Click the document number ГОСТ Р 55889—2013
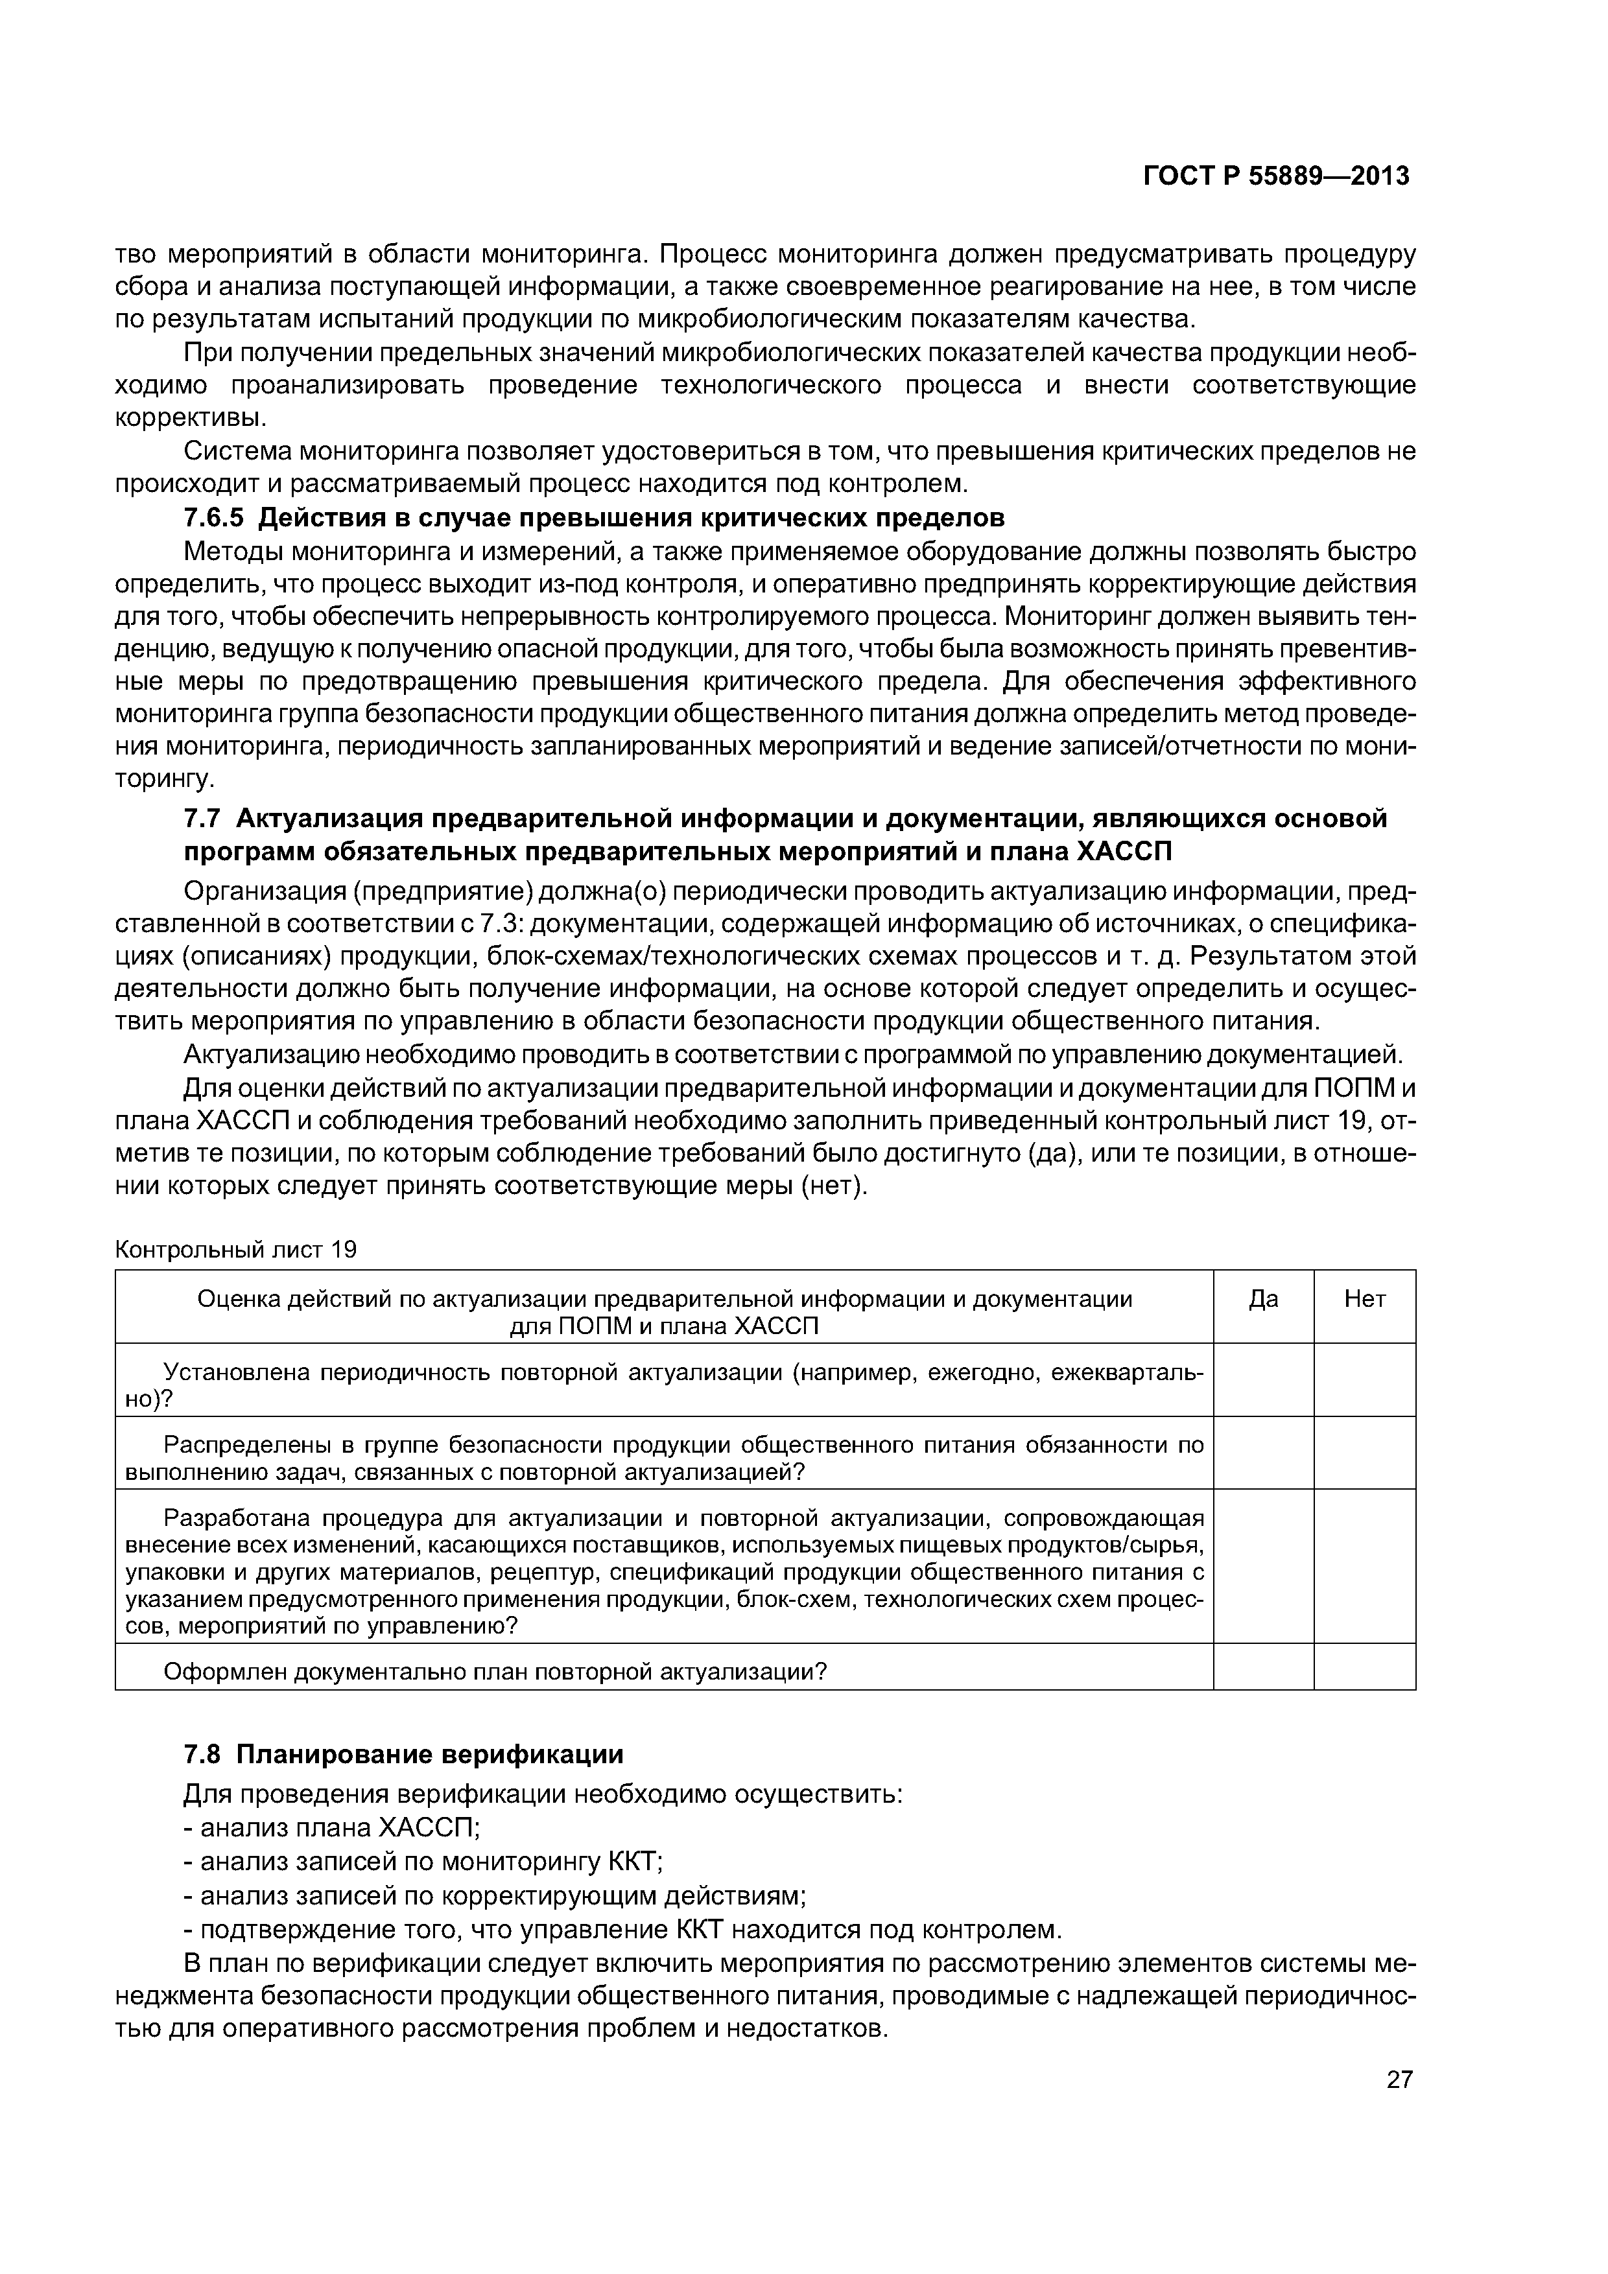tap(1276, 176)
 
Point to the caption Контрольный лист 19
tap(236, 1249)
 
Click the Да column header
tap(1263, 1298)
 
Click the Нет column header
tap(1364, 1298)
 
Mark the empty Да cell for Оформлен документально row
tap(1263, 1672)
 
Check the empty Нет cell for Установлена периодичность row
tap(1364, 1379)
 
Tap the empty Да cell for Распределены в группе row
tap(1263, 1453)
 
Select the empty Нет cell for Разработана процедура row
tap(1364, 1566)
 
